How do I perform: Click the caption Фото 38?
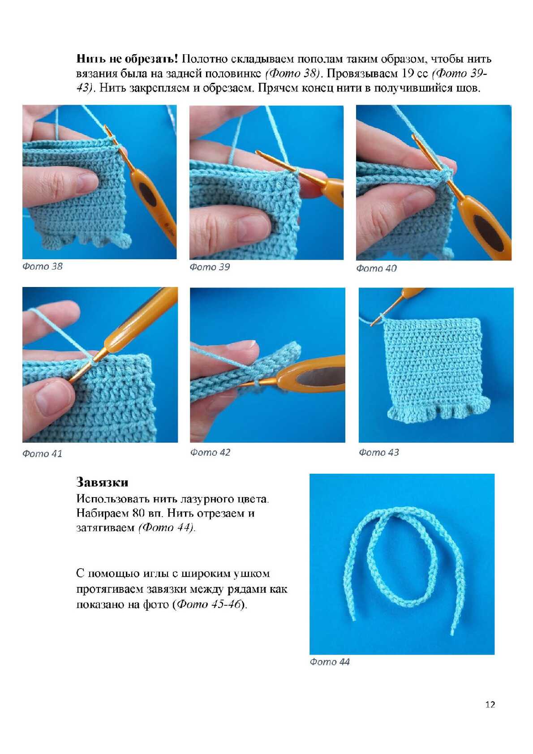pyautogui.click(x=43, y=266)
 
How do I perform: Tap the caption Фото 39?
pyautogui.click(x=210, y=267)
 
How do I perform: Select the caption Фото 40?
pyautogui.click(x=376, y=268)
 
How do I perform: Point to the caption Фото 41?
pyautogui.click(x=43, y=454)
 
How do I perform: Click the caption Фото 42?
pyautogui.click(x=210, y=452)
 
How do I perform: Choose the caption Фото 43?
pyautogui.click(x=379, y=452)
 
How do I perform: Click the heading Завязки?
pyautogui.click(x=102, y=482)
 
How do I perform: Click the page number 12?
pyautogui.click(x=490, y=704)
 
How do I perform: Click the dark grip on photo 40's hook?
pyautogui.click(x=489, y=232)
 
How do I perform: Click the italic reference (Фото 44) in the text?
pyautogui.click(x=166, y=527)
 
